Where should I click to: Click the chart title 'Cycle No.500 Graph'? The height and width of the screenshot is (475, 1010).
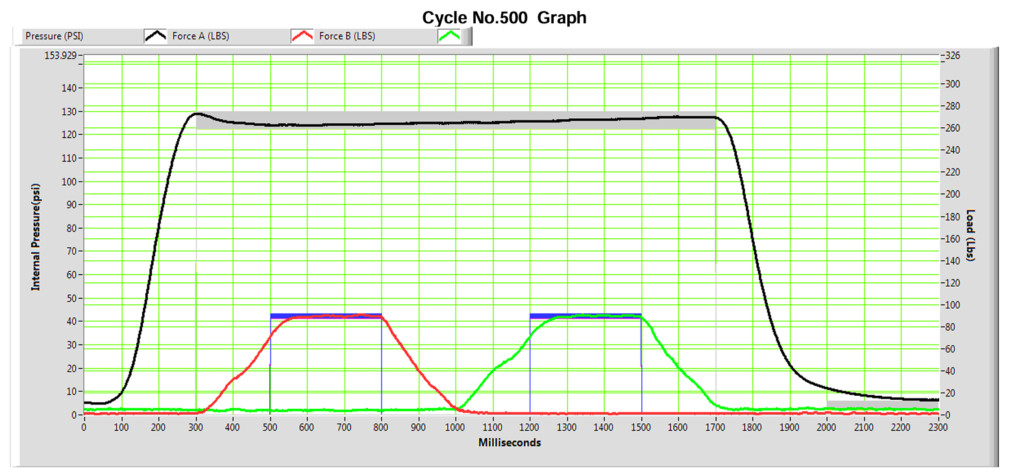click(x=504, y=18)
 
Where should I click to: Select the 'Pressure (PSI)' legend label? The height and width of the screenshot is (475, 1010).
click(x=54, y=36)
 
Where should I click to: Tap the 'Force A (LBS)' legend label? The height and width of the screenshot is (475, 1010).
click(x=200, y=36)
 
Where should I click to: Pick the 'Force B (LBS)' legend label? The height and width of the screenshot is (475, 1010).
click(x=347, y=36)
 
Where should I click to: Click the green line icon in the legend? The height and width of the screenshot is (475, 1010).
click(x=449, y=36)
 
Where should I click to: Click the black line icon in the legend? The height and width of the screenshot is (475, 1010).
click(x=156, y=36)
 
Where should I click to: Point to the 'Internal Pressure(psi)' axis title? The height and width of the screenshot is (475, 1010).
click(x=36, y=234)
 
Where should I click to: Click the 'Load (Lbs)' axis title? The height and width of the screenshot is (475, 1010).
click(x=970, y=234)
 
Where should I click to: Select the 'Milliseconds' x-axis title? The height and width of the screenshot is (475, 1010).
click(x=510, y=443)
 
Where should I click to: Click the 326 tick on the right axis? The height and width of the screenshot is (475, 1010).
click(x=953, y=56)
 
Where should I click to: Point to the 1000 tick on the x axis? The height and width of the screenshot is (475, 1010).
click(x=456, y=428)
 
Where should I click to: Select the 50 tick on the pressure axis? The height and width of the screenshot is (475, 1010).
click(x=71, y=298)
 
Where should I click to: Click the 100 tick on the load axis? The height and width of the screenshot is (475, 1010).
click(x=953, y=305)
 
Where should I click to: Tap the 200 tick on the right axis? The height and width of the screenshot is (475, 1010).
click(x=953, y=194)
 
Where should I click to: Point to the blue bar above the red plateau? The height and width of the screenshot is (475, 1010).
click(x=326, y=315)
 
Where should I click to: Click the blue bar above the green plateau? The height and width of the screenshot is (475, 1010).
click(x=585, y=315)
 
